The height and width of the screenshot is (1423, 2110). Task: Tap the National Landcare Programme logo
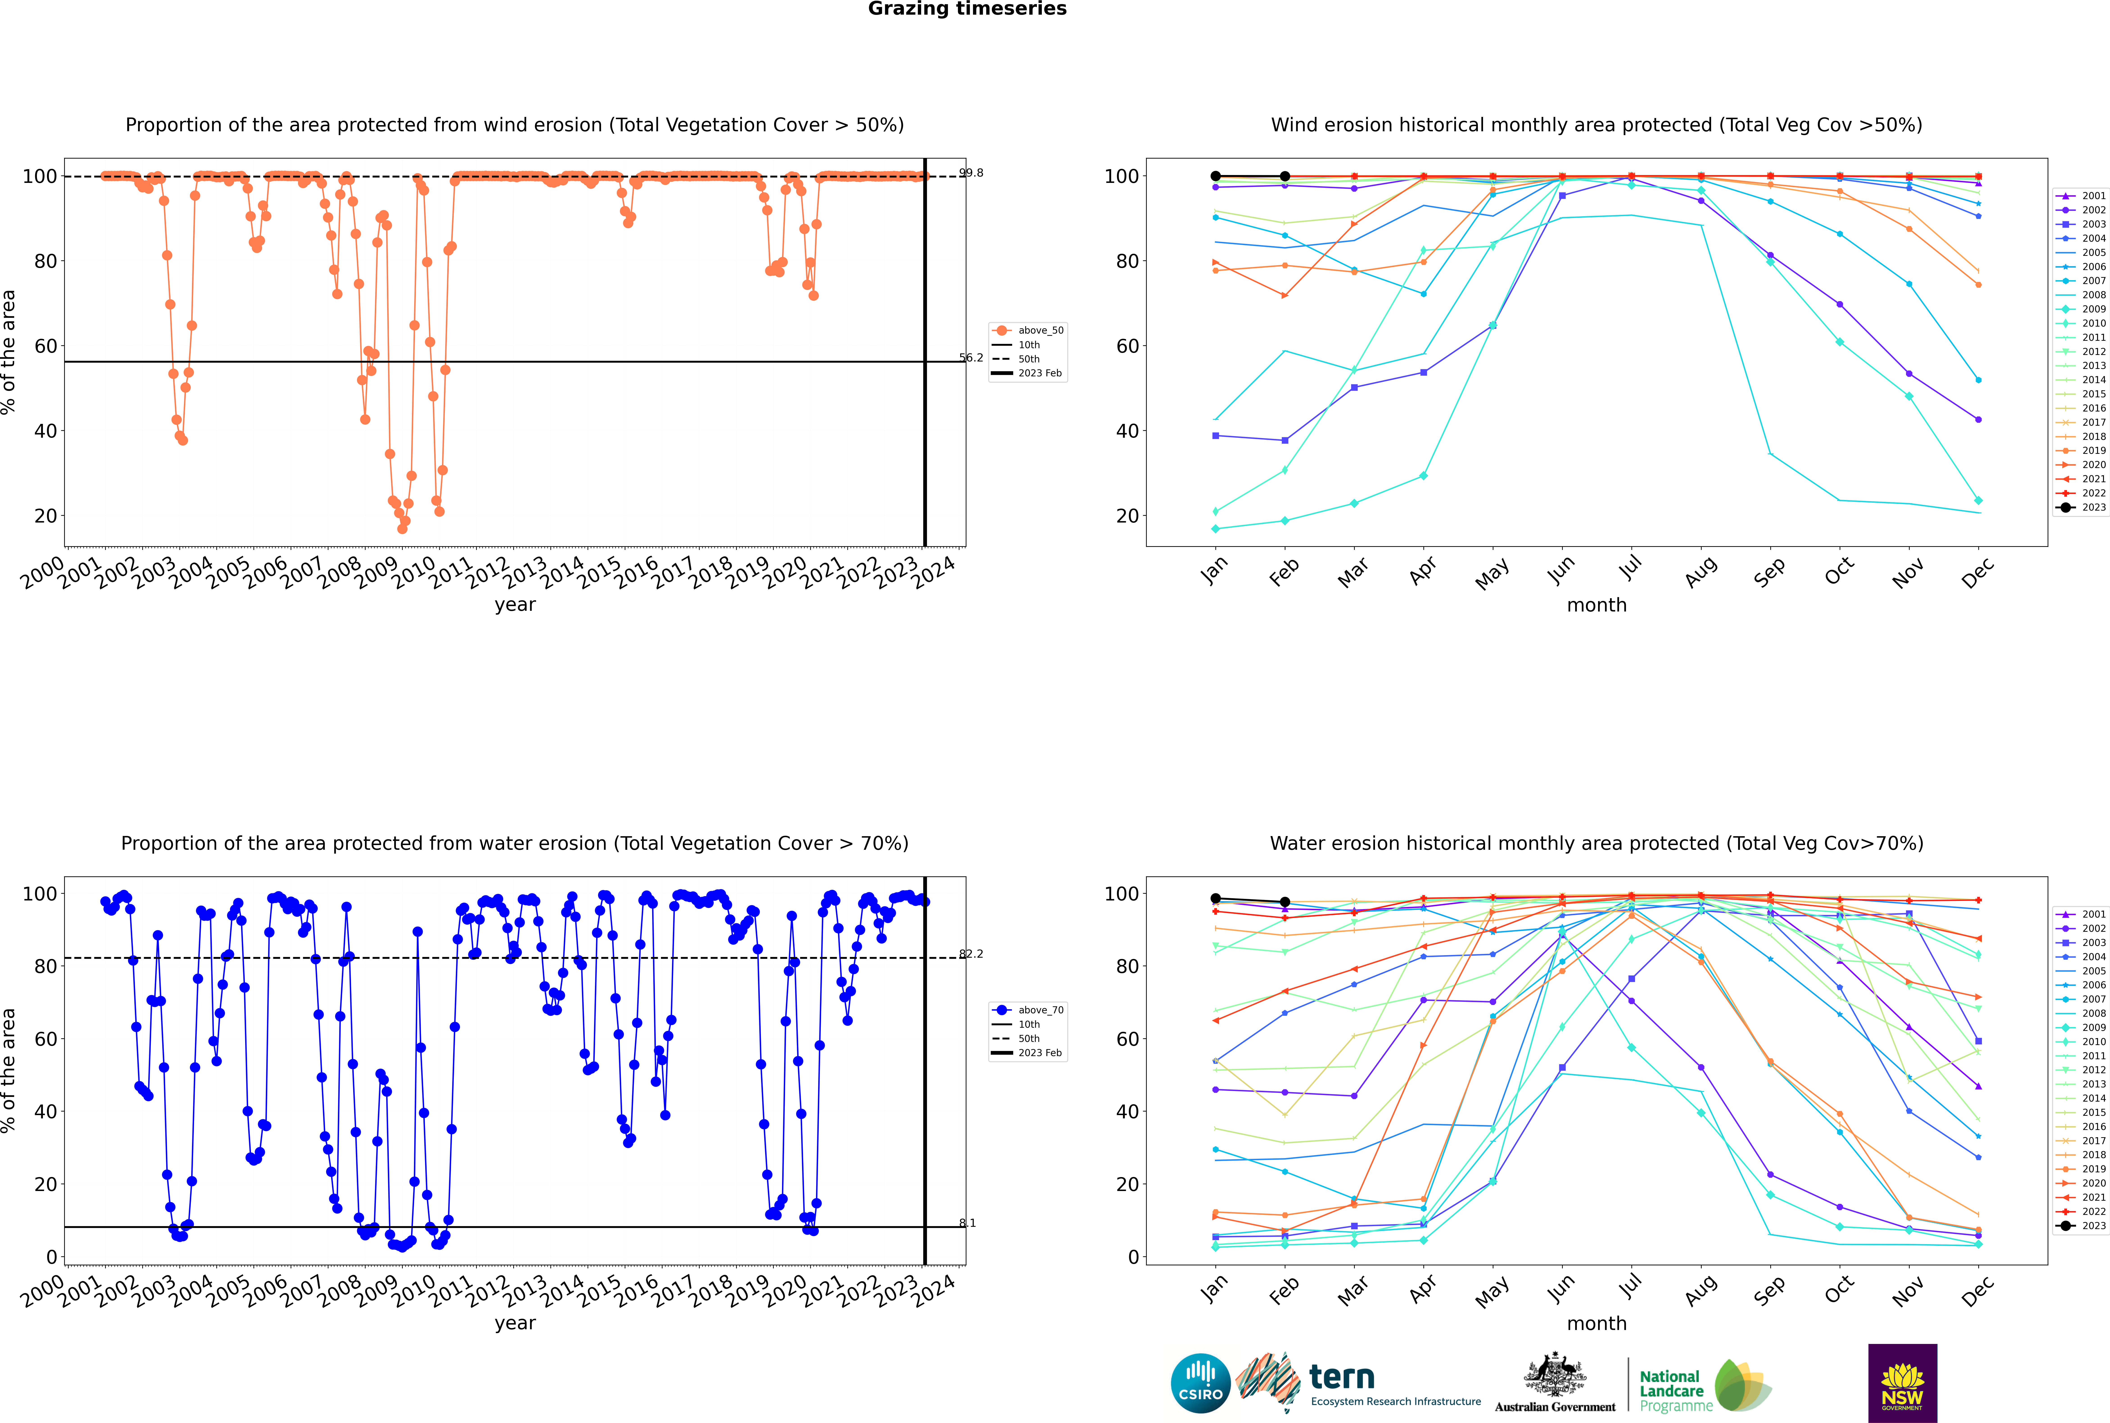[1704, 1386]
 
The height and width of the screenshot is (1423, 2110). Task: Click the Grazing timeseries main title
[967, 9]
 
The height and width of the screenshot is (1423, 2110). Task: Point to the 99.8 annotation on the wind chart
[972, 173]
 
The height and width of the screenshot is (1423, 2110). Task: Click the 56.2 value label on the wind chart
[972, 358]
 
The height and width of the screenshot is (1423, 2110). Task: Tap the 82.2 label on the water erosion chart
[972, 954]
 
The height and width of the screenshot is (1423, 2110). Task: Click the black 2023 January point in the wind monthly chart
[1216, 176]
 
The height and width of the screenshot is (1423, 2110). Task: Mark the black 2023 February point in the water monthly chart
[1285, 902]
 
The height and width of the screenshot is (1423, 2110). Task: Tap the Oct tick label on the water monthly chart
[1838, 1289]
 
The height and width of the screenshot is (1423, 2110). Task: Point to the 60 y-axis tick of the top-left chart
[45, 346]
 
